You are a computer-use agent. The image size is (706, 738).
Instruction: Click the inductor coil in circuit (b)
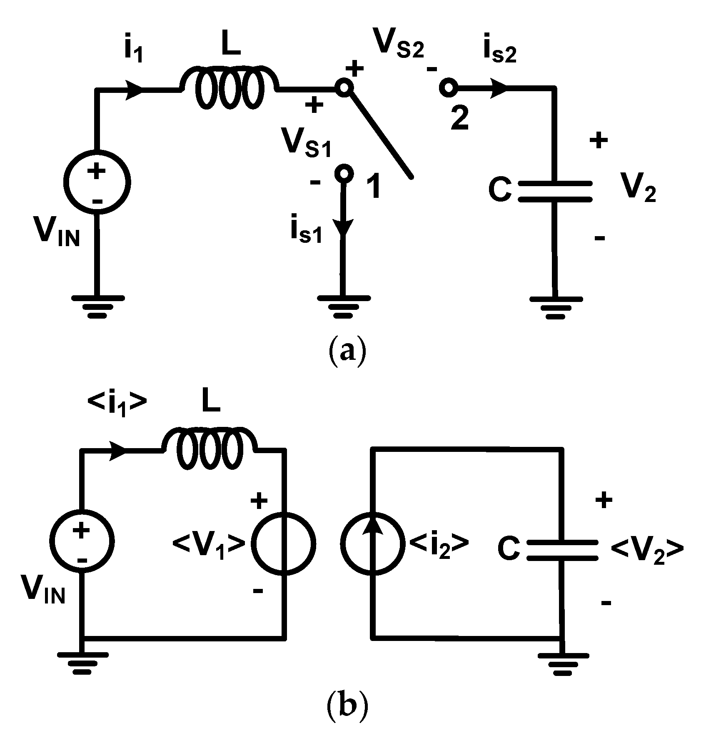210,449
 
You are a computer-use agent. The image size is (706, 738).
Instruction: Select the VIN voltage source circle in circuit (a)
97,182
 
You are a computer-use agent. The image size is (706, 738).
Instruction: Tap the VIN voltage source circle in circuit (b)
82,543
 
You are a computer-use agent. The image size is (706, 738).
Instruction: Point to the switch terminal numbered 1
344,173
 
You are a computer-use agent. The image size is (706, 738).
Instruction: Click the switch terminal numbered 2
448,88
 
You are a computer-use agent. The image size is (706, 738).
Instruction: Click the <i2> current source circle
371,543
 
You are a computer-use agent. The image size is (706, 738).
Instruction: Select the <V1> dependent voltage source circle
286,543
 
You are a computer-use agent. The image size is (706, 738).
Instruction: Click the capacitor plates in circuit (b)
562,550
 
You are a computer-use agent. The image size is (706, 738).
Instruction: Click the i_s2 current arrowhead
498,89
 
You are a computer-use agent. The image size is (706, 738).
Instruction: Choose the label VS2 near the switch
399,44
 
